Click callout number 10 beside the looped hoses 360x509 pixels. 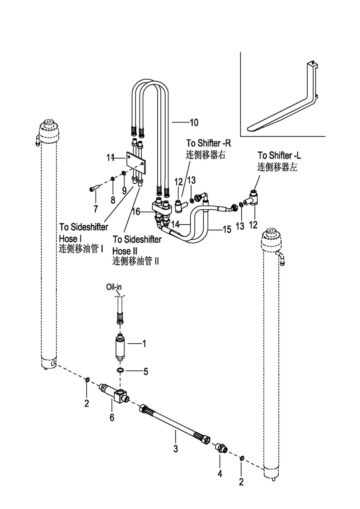[x=194, y=122]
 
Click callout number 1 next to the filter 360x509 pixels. [x=144, y=343]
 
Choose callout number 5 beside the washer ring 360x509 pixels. [x=146, y=371]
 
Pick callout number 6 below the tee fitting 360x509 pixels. [x=112, y=418]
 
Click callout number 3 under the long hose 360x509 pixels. [x=175, y=448]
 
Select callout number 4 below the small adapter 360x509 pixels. [x=220, y=474]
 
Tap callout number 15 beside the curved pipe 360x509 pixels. [x=227, y=229]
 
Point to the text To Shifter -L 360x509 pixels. [x=279, y=155]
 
